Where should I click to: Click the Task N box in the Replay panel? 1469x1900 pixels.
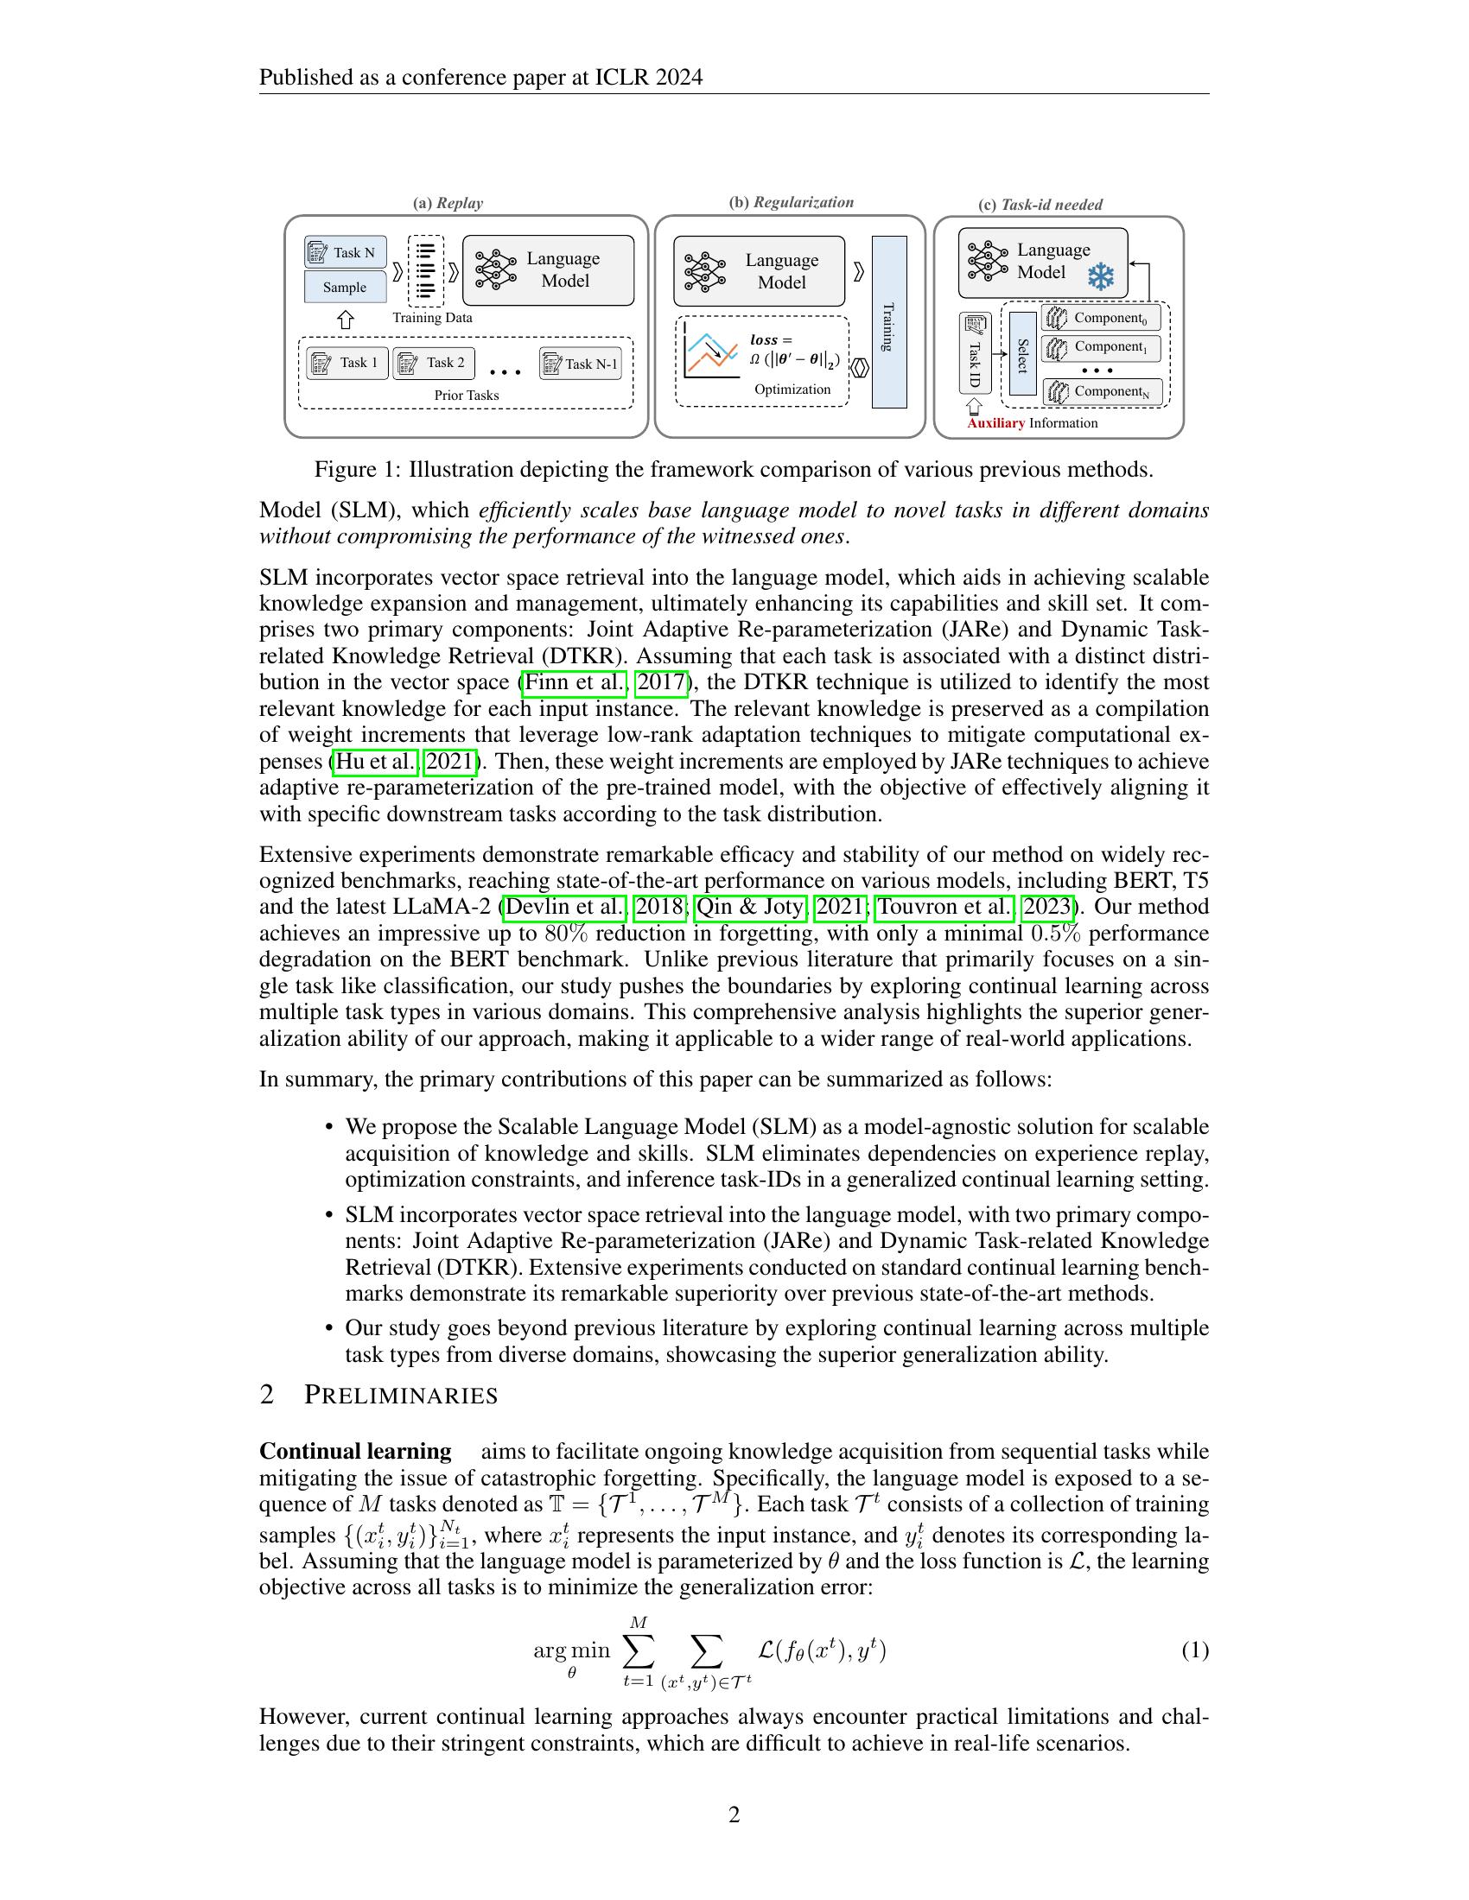[x=346, y=252]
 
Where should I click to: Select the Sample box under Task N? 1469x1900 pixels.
[x=346, y=287]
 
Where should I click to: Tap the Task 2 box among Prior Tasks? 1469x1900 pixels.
[x=434, y=363]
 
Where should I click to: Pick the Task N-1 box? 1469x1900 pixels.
[x=581, y=364]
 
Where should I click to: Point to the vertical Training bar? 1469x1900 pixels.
[x=888, y=322]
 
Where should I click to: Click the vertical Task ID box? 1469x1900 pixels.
[x=975, y=354]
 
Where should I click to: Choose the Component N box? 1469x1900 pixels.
[x=1102, y=392]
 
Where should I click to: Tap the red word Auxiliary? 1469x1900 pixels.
[x=995, y=424]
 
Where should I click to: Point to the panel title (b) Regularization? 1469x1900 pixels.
[x=791, y=203]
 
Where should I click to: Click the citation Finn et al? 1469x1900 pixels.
[x=575, y=682]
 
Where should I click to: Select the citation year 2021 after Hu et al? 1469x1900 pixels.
[x=449, y=761]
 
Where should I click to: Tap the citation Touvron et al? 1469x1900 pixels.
[x=944, y=907]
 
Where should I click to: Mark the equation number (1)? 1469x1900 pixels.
[x=1194, y=1650]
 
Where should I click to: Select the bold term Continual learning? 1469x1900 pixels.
[x=355, y=1451]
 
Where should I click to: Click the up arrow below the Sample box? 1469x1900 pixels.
[x=346, y=320]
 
